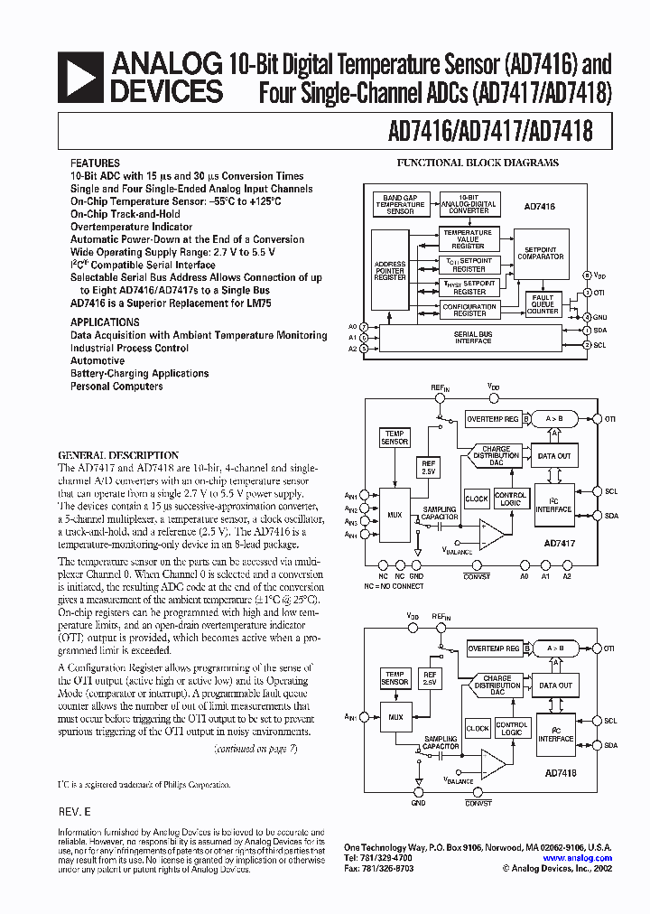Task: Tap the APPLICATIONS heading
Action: [105, 322]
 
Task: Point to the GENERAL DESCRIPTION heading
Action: [118, 455]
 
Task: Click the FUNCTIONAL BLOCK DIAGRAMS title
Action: [478, 163]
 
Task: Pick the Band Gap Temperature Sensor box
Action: [400, 204]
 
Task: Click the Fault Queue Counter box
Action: [543, 304]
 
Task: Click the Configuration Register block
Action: [469, 310]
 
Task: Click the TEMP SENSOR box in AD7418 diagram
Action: [395, 678]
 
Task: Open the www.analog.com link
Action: [578, 858]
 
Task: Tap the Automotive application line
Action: [97, 360]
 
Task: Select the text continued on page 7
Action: [255, 749]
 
